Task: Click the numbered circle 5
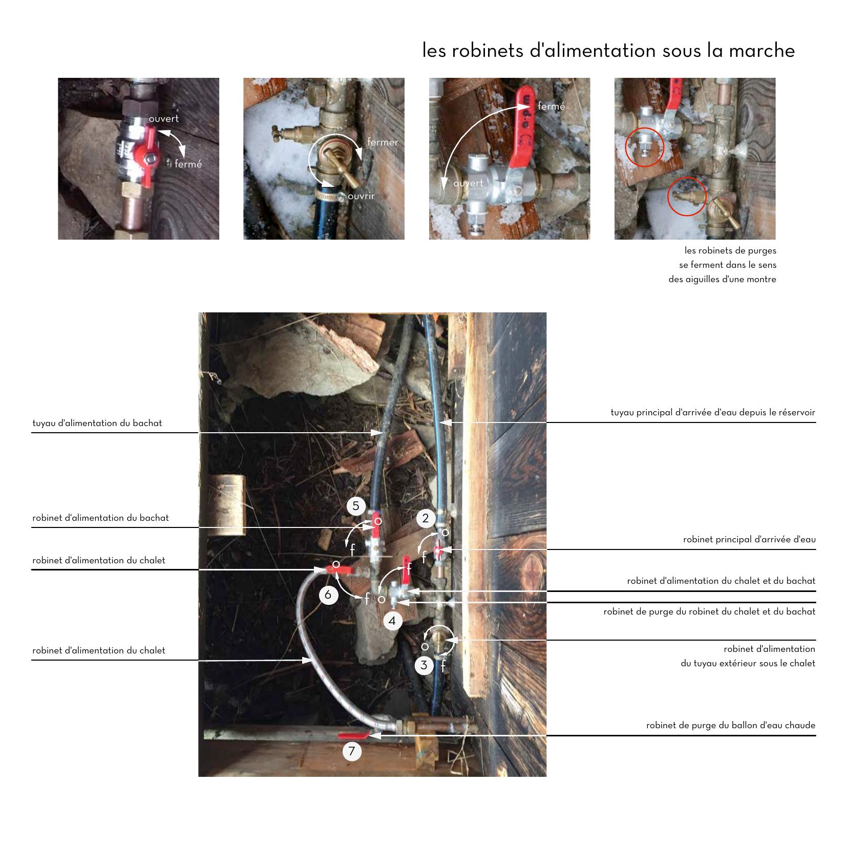click(x=356, y=506)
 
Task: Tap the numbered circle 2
click(x=426, y=518)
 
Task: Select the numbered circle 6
click(x=328, y=595)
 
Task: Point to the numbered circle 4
click(x=392, y=621)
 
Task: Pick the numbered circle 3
click(x=424, y=665)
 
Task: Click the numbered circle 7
click(x=352, y=751)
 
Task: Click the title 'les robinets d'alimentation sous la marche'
click(x=608, y=50)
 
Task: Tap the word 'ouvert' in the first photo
click(x=164, y=119)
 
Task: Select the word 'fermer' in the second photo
click(x=383, y=142)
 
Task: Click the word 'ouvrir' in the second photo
click(x=362, y=196)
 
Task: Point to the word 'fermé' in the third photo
click(x=552, y=106)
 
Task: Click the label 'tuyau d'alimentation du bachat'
click(x=97, y=423)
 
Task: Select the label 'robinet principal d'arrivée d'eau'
click(x=749, y=539)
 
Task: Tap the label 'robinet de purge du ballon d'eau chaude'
click(x=731, y=725)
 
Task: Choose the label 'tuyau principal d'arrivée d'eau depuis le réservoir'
click(x=713, y=412)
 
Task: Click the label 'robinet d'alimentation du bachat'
click(x=100, y=518)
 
